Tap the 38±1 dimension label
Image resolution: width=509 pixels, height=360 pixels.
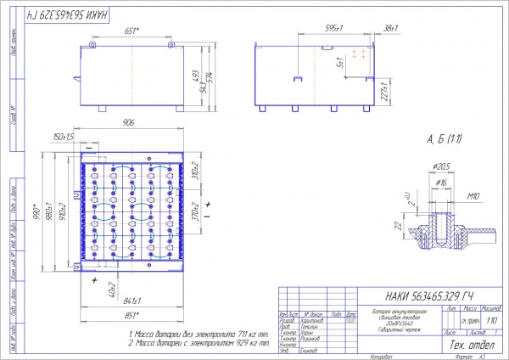[390, 29]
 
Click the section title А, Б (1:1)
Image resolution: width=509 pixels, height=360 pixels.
[444, 138]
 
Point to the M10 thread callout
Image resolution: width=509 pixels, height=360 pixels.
[475, 196]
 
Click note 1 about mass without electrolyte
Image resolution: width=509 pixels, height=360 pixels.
[198, 336]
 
